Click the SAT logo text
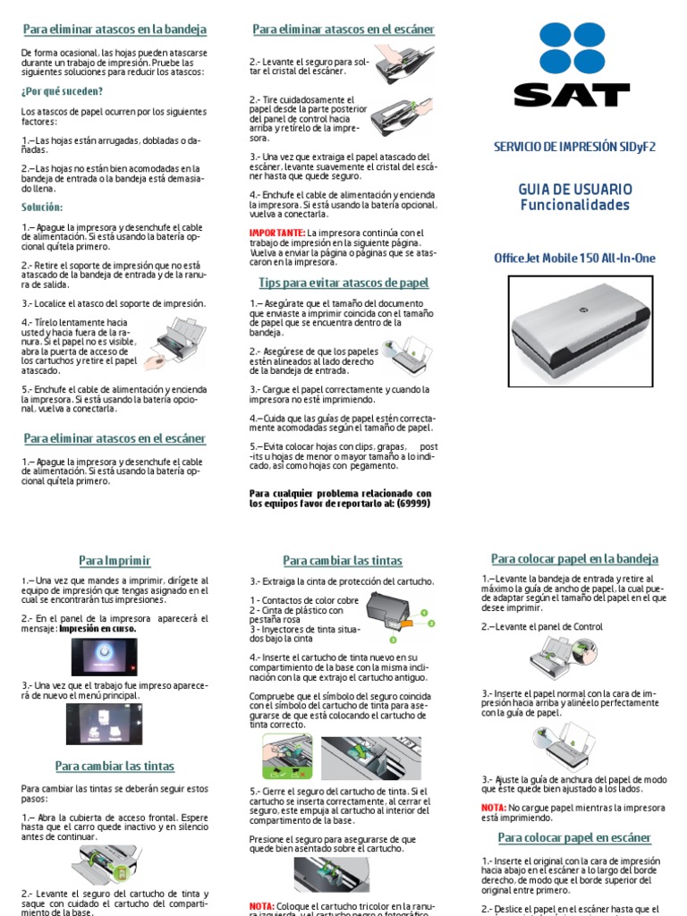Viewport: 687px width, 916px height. (x=572, y=94)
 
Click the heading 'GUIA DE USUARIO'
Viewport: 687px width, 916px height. (x=574, y=189)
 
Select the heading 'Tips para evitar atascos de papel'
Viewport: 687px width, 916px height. (x=343, y=283)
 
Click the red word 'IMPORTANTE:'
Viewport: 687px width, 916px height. (x=276, y=233)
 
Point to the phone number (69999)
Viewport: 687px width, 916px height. (x=413, y=504)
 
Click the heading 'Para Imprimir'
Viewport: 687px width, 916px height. (x=114, y=561)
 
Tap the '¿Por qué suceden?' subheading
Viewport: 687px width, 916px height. (x=62, y=91)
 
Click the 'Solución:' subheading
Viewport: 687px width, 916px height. (x=42, y=207)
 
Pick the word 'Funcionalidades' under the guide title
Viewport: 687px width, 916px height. (x=574, y=205)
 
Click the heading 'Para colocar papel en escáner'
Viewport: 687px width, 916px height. (x=574, y=838)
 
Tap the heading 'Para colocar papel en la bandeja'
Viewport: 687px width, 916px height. (x=574, y=559)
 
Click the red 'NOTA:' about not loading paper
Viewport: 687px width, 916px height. (x=493, y=808)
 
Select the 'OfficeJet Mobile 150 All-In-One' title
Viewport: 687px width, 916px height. (x=574, y=259)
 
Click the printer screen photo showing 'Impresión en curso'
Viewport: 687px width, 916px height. (x=105, y=657)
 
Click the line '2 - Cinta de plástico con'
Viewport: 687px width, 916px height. (x=296, y=610)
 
